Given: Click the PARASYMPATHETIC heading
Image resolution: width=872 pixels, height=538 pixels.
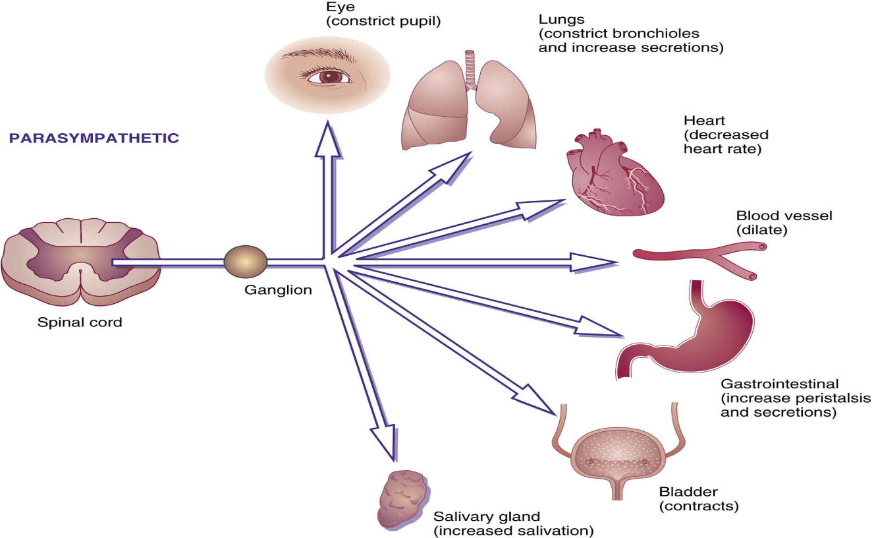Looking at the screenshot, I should point(94,138).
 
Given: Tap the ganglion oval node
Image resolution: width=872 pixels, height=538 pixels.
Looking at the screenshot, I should point(246,262).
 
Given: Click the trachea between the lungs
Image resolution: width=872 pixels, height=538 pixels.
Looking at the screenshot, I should point(470,69).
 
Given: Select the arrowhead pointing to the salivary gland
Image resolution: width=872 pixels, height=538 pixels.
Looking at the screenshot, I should point(384,440).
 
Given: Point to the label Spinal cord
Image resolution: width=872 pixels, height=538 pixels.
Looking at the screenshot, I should point(80,322).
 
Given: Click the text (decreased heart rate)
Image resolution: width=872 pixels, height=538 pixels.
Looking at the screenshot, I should point(726,142).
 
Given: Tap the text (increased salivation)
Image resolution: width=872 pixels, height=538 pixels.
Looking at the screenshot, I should point(513,530).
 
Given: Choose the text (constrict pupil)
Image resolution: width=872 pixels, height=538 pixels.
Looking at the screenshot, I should point(383,21).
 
